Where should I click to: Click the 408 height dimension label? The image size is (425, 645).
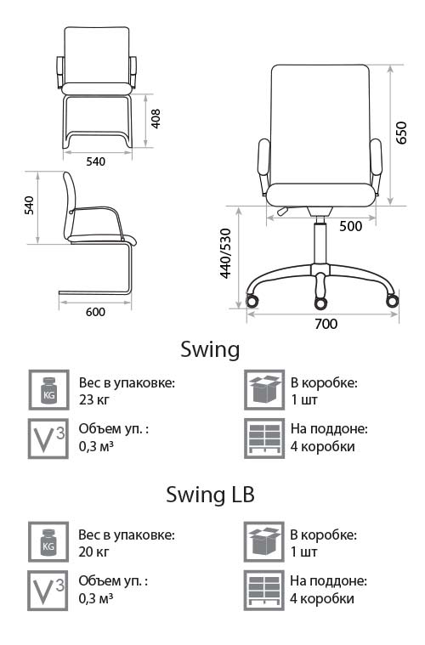click(x=156, y=119)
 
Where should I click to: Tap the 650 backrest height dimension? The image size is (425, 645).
click(x=400, y=133)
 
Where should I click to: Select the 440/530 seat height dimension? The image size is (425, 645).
click(x=226, y=253)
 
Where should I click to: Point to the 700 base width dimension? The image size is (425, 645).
click(x=326, y=324)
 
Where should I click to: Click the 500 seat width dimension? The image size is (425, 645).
click(x=350, y=226)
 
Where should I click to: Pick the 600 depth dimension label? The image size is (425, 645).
click(x=95, y=312)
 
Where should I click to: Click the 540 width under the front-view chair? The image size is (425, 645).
click(x=95, y=161)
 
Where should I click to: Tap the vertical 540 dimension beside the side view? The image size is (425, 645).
click(x=29, y=206)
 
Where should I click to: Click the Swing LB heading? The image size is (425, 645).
click(x=210, y=494)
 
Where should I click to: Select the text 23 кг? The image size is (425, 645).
click(x=94, y=399)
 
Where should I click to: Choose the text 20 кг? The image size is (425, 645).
click(x=93, y=552)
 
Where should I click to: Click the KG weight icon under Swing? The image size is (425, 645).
click(x=48, y=390)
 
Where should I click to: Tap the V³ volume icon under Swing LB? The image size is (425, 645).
click(x=48, y=591)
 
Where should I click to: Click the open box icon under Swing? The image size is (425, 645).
click(x=264, y=390)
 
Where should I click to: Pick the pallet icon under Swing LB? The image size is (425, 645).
click(x=263, y=591)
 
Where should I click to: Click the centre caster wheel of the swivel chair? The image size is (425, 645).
click(x=320, y=303)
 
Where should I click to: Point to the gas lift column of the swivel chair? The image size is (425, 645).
click(x=320, y=244)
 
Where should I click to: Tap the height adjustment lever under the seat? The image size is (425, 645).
click(x=283, y=211)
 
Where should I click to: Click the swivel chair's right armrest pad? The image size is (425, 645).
click(x=376, y=156)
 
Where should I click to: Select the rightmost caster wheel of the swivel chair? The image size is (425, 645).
click(x=392, y=301)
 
